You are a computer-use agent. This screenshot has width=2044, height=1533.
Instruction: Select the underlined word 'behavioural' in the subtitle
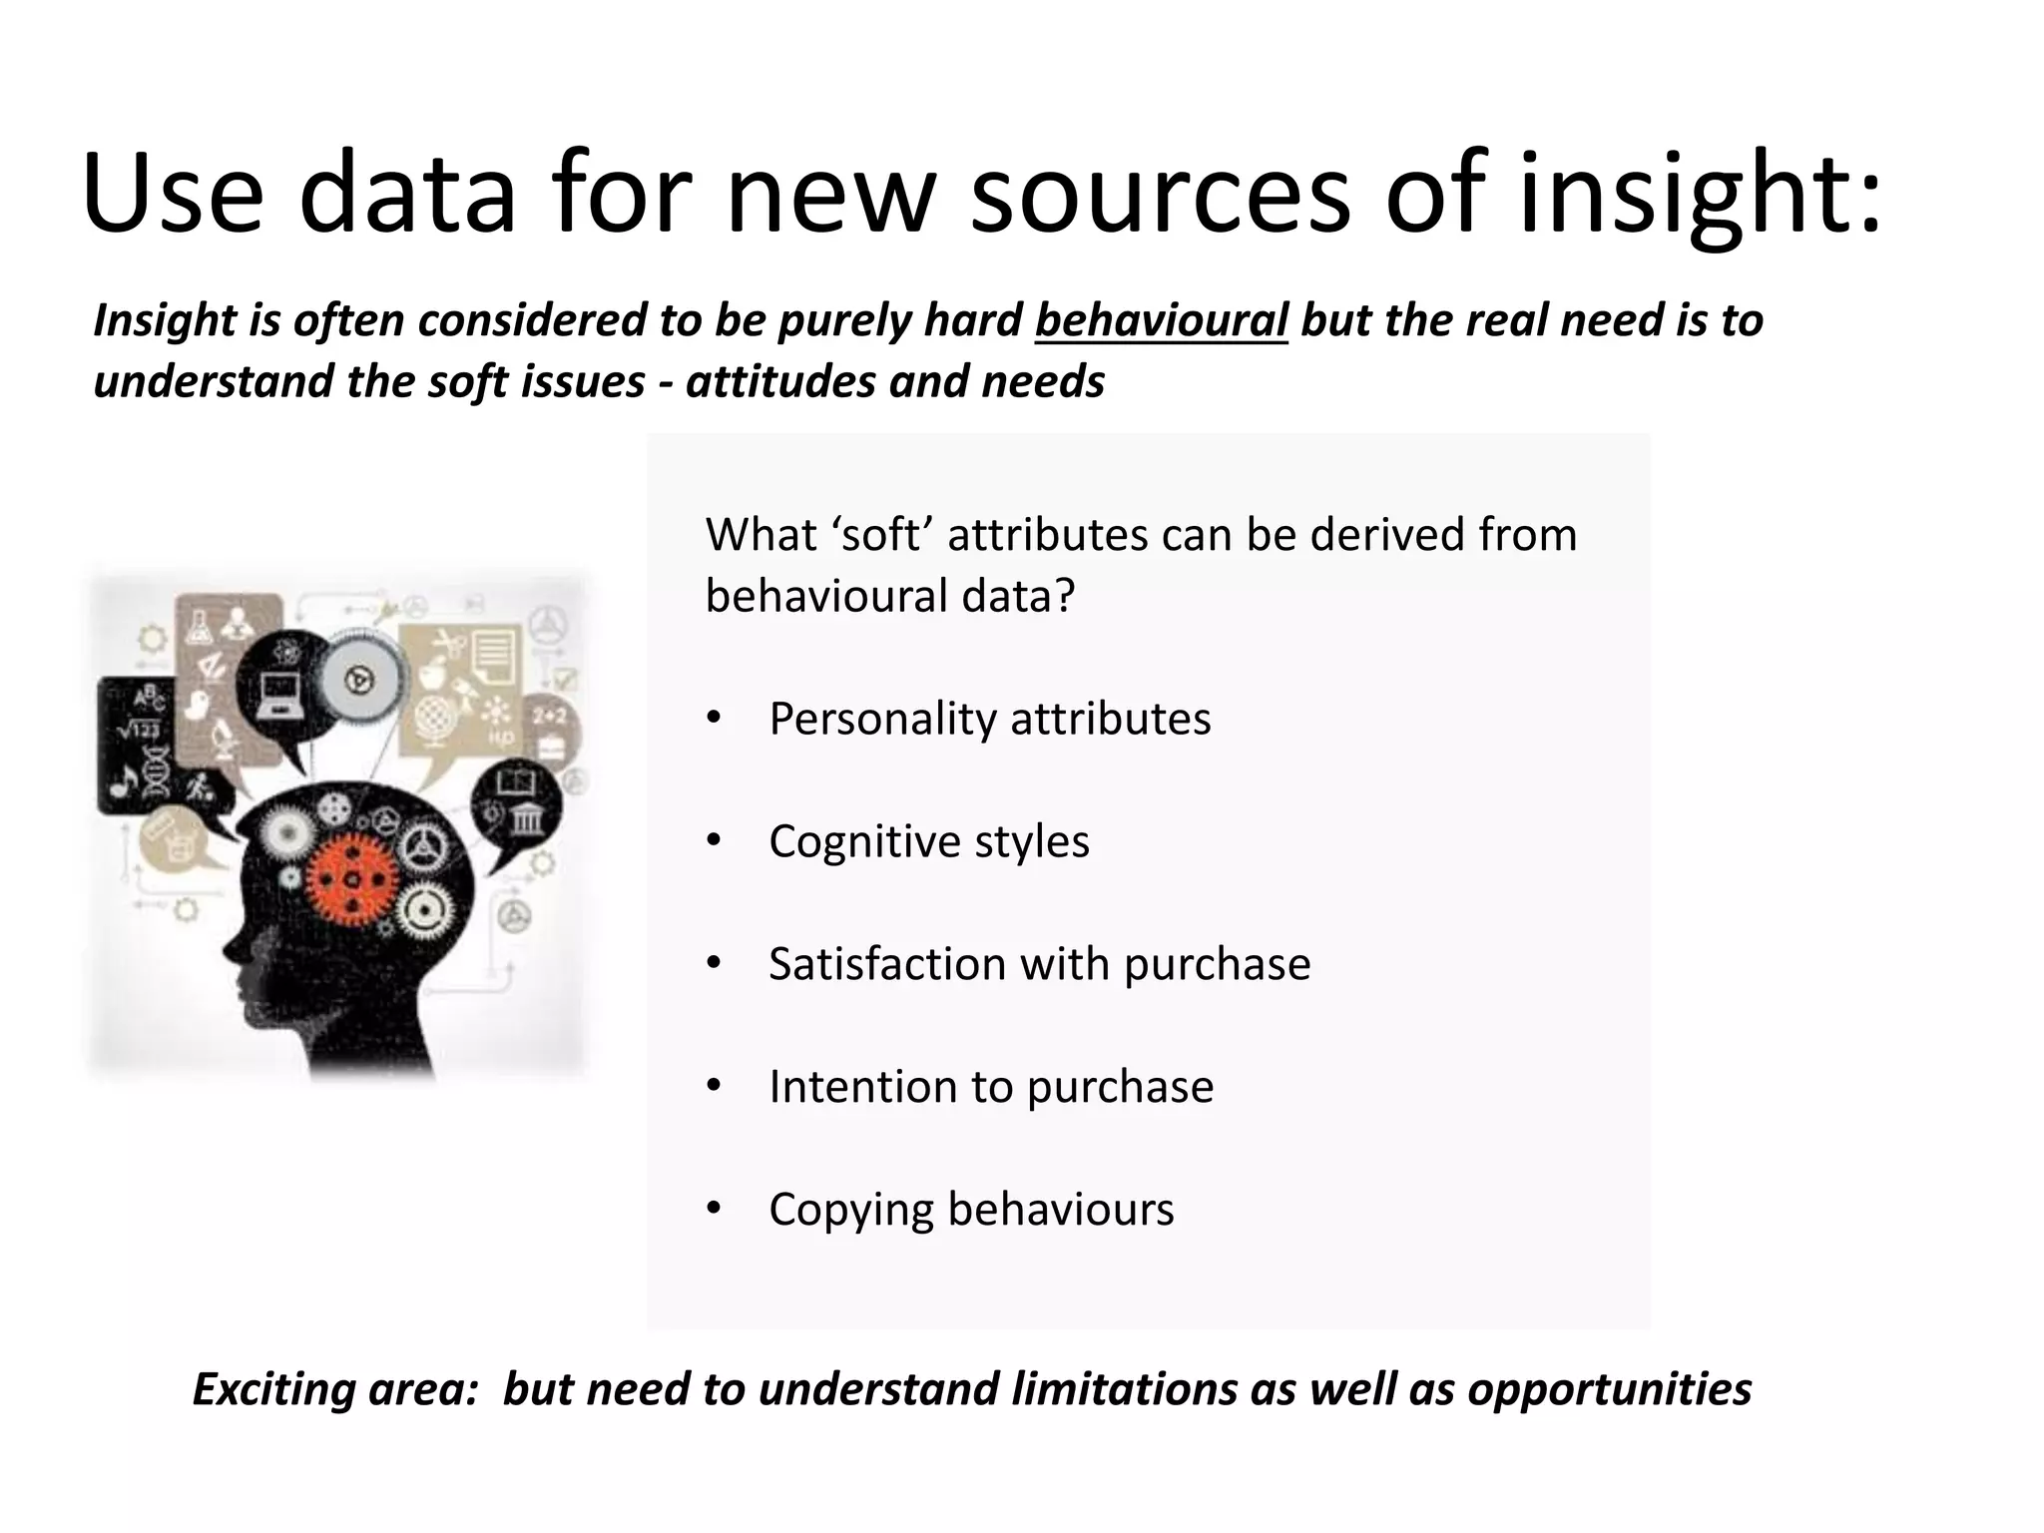click(1161, 320)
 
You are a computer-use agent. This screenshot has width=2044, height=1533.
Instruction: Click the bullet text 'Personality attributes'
click(989, 719)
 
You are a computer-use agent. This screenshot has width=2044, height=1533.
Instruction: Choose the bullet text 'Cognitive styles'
click(928, 841)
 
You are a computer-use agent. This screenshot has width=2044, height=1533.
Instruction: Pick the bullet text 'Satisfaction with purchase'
click(1039, 964)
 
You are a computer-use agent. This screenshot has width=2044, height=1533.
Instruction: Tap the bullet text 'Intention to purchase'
click(991, 1087)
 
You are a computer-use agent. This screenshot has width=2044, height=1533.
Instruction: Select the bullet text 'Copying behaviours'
click(971, 1210)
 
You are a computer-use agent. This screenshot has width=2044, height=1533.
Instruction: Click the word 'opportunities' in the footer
click(1609, 1389)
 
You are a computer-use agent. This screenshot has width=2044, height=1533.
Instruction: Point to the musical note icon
click(122, 783)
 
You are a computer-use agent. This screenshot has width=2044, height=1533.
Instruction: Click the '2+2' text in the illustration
click(549, 716)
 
